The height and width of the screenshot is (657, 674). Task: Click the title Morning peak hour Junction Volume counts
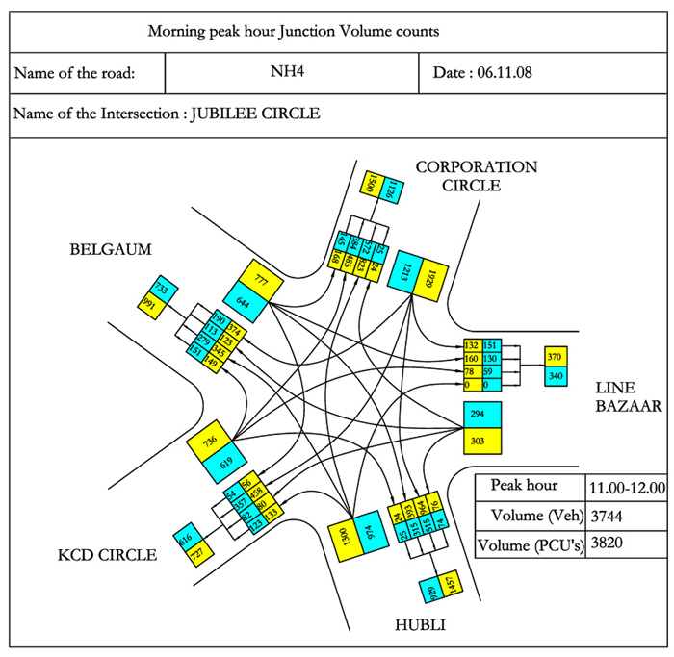[293, 31]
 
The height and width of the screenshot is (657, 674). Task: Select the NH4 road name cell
[293, 72]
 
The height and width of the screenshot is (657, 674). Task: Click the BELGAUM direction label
[111, 250]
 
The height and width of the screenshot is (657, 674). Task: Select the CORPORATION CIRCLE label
[477, 176]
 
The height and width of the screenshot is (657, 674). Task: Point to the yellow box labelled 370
[556, 356]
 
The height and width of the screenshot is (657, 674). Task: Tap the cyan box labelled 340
[556, 375]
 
